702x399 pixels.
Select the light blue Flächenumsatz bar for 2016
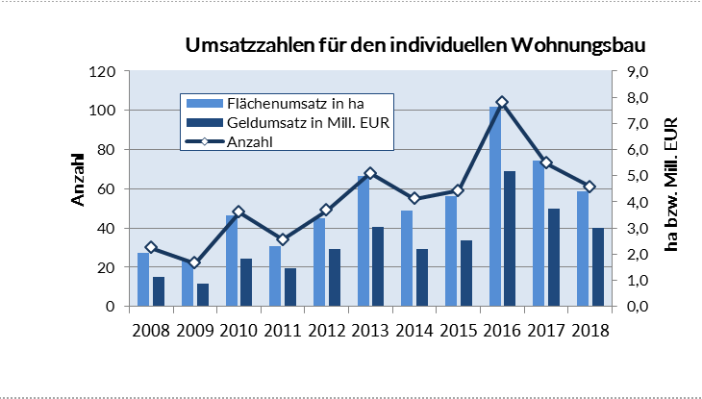[x=495, y=207]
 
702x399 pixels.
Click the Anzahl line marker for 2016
[x=502, y=102]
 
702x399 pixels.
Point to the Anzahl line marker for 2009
[x=195, y=262]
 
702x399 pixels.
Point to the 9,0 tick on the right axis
[x=639, y=72]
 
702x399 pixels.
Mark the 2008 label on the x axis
[x=152, y=331]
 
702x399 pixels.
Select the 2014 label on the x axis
[x=414, y=331]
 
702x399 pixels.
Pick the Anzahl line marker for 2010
[x=238, y=212]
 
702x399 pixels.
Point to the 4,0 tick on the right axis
[x=639, y=203]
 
